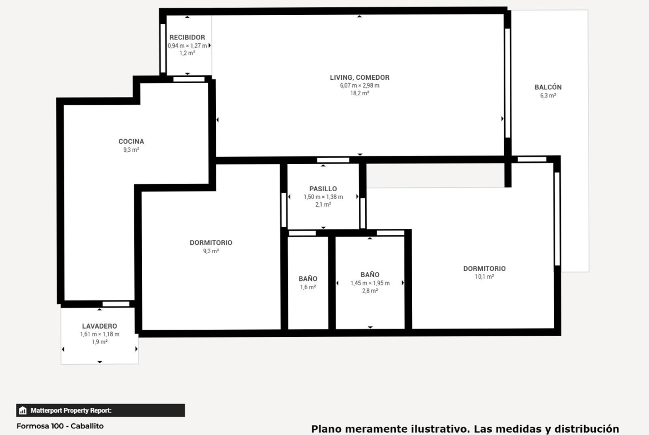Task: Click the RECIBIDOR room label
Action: [x=187, y=37]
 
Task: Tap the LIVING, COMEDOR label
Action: [x=359, y=78]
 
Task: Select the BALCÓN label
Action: [x=548, y=87]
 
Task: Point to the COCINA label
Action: [x=131, y=141]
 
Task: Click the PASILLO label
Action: [x=323, y=189]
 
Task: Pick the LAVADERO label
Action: [x=99, y=326]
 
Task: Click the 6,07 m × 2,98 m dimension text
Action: [x=359, y=85]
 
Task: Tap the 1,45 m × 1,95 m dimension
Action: [x=370, y=283]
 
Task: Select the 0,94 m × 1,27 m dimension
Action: [x=187, y=46]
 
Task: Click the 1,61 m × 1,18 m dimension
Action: [x=100, y=334]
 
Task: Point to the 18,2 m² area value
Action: [x=359, y=94]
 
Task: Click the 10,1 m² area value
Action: [x=484, y=277]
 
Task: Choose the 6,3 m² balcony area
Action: [x=548, y=95]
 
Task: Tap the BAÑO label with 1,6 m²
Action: [x=308, y=279]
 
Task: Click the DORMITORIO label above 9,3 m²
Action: [x=211, y=243]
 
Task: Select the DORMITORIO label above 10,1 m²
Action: [x=484, y=269]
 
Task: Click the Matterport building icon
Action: [x=23, y=411]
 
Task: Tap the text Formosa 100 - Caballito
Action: [x=60, y=426]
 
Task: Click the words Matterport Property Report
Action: [x=71, y=411]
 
